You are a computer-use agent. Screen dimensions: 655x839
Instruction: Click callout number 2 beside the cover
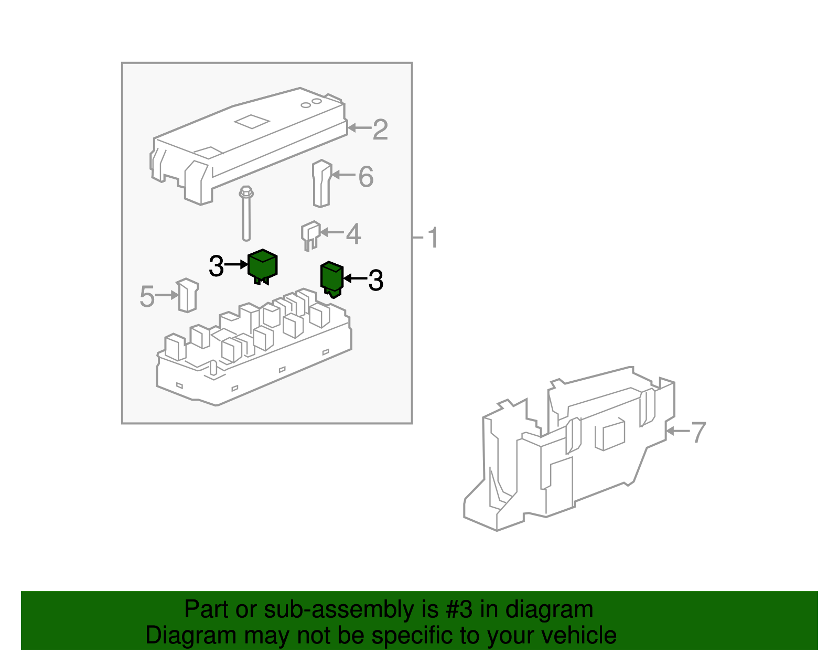(380, 130)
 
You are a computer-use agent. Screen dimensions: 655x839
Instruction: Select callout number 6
(366, 177)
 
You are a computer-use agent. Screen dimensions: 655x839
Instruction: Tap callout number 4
(353, 234)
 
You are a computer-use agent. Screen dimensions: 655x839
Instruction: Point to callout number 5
(147, 297)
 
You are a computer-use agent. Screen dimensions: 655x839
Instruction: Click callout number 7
(698, 433)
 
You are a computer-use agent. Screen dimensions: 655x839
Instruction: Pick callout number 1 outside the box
(433, 238)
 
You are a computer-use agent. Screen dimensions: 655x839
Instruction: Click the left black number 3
(217, 266)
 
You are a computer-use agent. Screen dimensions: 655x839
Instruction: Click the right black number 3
(375, 281)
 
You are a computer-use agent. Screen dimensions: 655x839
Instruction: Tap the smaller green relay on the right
(331, 277)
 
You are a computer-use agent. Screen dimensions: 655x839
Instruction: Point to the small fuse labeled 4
(310, 234)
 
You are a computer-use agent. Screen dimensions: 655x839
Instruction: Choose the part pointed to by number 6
(321, 184)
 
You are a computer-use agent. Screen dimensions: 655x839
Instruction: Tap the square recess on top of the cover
(252, 122)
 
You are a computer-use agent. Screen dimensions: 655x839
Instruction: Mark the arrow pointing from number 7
(677, 432)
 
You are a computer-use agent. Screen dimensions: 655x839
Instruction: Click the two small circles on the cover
(311, 103)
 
